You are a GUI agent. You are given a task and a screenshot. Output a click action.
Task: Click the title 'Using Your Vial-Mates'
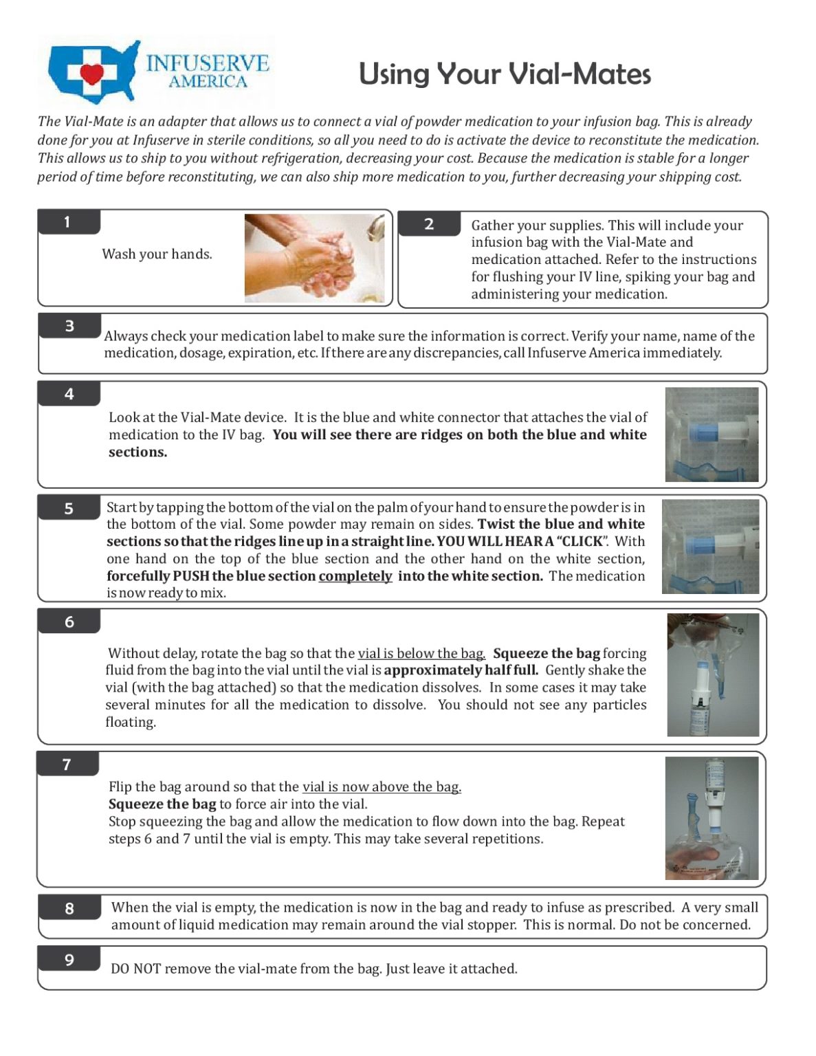tap(505, 74)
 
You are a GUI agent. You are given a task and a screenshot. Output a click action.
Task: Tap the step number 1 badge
tap(69, 222)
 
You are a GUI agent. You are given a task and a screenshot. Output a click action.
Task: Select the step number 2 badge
tap(429, 224)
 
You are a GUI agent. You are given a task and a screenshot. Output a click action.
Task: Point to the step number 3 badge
tap(69, 326)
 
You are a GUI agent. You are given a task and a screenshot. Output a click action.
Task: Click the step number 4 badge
tap(69, 394)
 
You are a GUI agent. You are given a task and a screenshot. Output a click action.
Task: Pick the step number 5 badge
tap(69, 508)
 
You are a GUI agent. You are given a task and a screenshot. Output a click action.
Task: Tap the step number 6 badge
tap(69, 621)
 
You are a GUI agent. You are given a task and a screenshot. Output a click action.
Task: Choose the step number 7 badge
tap(67, 764)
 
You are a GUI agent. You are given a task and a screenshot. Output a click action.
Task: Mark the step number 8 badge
tap(69, 908)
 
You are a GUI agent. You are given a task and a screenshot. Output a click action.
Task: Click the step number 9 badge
tap(69, 960)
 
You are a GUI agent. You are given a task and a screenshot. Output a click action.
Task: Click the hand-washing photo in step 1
tap(314, 258)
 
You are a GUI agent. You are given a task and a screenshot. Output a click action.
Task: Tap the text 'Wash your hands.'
tap(157, 254)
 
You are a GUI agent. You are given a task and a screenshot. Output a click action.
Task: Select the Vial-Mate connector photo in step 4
tap(712, 434)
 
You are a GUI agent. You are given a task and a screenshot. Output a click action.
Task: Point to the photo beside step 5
tap(710, 547)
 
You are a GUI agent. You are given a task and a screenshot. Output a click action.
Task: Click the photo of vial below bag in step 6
tap(713, 675)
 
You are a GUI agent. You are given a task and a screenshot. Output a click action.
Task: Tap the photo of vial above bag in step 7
tap(712, 818)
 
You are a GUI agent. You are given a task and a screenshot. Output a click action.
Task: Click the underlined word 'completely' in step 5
tap(355, 576)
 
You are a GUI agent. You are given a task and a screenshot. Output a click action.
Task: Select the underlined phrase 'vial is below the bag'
tap(421, 653)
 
